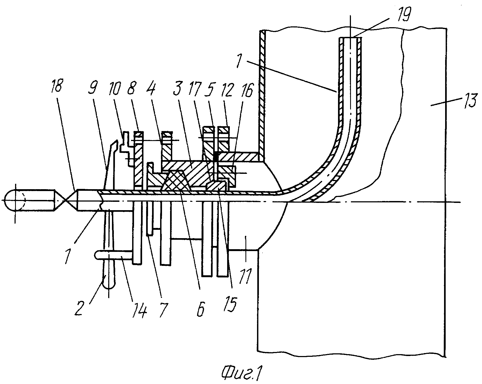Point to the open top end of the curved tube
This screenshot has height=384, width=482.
point(350,38)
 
